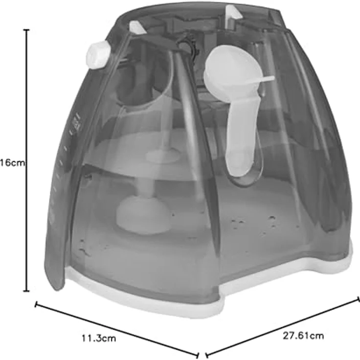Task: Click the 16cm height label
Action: tap(12, 163)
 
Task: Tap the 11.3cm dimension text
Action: tap(99, 338)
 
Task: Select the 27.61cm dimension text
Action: tap(303, 336)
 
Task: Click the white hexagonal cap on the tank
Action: tap(98, 55)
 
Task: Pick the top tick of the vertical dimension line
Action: tap(26, 30)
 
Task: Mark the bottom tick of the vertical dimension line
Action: tap(26, 291)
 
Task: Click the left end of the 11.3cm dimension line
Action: tap(36, 305)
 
